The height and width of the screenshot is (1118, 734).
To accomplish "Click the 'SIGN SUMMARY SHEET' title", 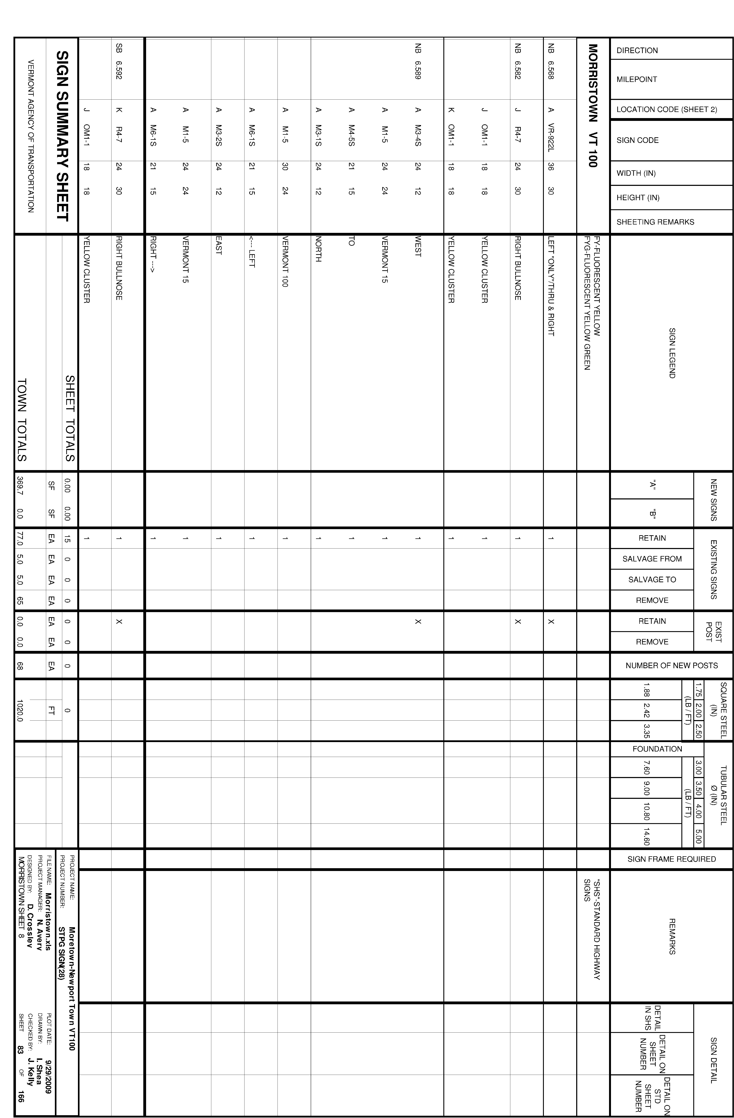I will click(63, 136).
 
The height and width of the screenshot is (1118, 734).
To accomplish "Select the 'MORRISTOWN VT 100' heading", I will click(593, 106).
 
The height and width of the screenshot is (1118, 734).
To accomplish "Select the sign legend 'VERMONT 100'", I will click(285, 261).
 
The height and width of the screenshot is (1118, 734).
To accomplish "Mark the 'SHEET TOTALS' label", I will click(70, 418).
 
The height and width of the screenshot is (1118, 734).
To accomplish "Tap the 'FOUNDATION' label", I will click(657, 749).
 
